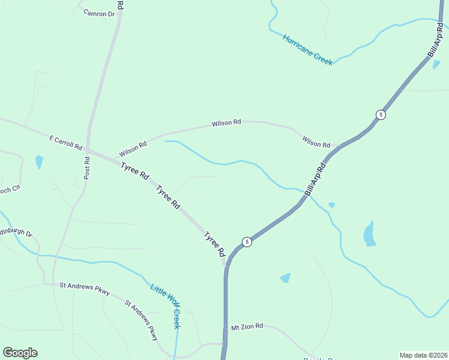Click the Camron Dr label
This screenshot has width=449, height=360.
(x=99, y=13)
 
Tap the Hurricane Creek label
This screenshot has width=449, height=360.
(x=308, y=49)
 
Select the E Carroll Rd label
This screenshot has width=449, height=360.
(x=65, y=142)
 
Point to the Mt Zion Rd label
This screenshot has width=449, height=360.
(x=247, y=326)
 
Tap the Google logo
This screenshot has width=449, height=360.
(x=20, y=353)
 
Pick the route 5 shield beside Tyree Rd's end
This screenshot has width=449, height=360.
(x=247, y=242)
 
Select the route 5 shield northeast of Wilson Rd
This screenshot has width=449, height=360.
(x=381, y=115)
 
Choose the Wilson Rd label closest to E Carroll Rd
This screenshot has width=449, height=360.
(x=133, y=148)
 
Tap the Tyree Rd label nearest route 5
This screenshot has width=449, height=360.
(x=214, y=244)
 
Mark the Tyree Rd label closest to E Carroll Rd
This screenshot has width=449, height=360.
(x=134, y=172)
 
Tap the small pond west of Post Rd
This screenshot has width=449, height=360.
(x=39, y=161)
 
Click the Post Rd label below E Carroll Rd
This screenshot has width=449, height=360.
(x=87, y=168)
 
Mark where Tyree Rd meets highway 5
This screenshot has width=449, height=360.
(x=226, y=266)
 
